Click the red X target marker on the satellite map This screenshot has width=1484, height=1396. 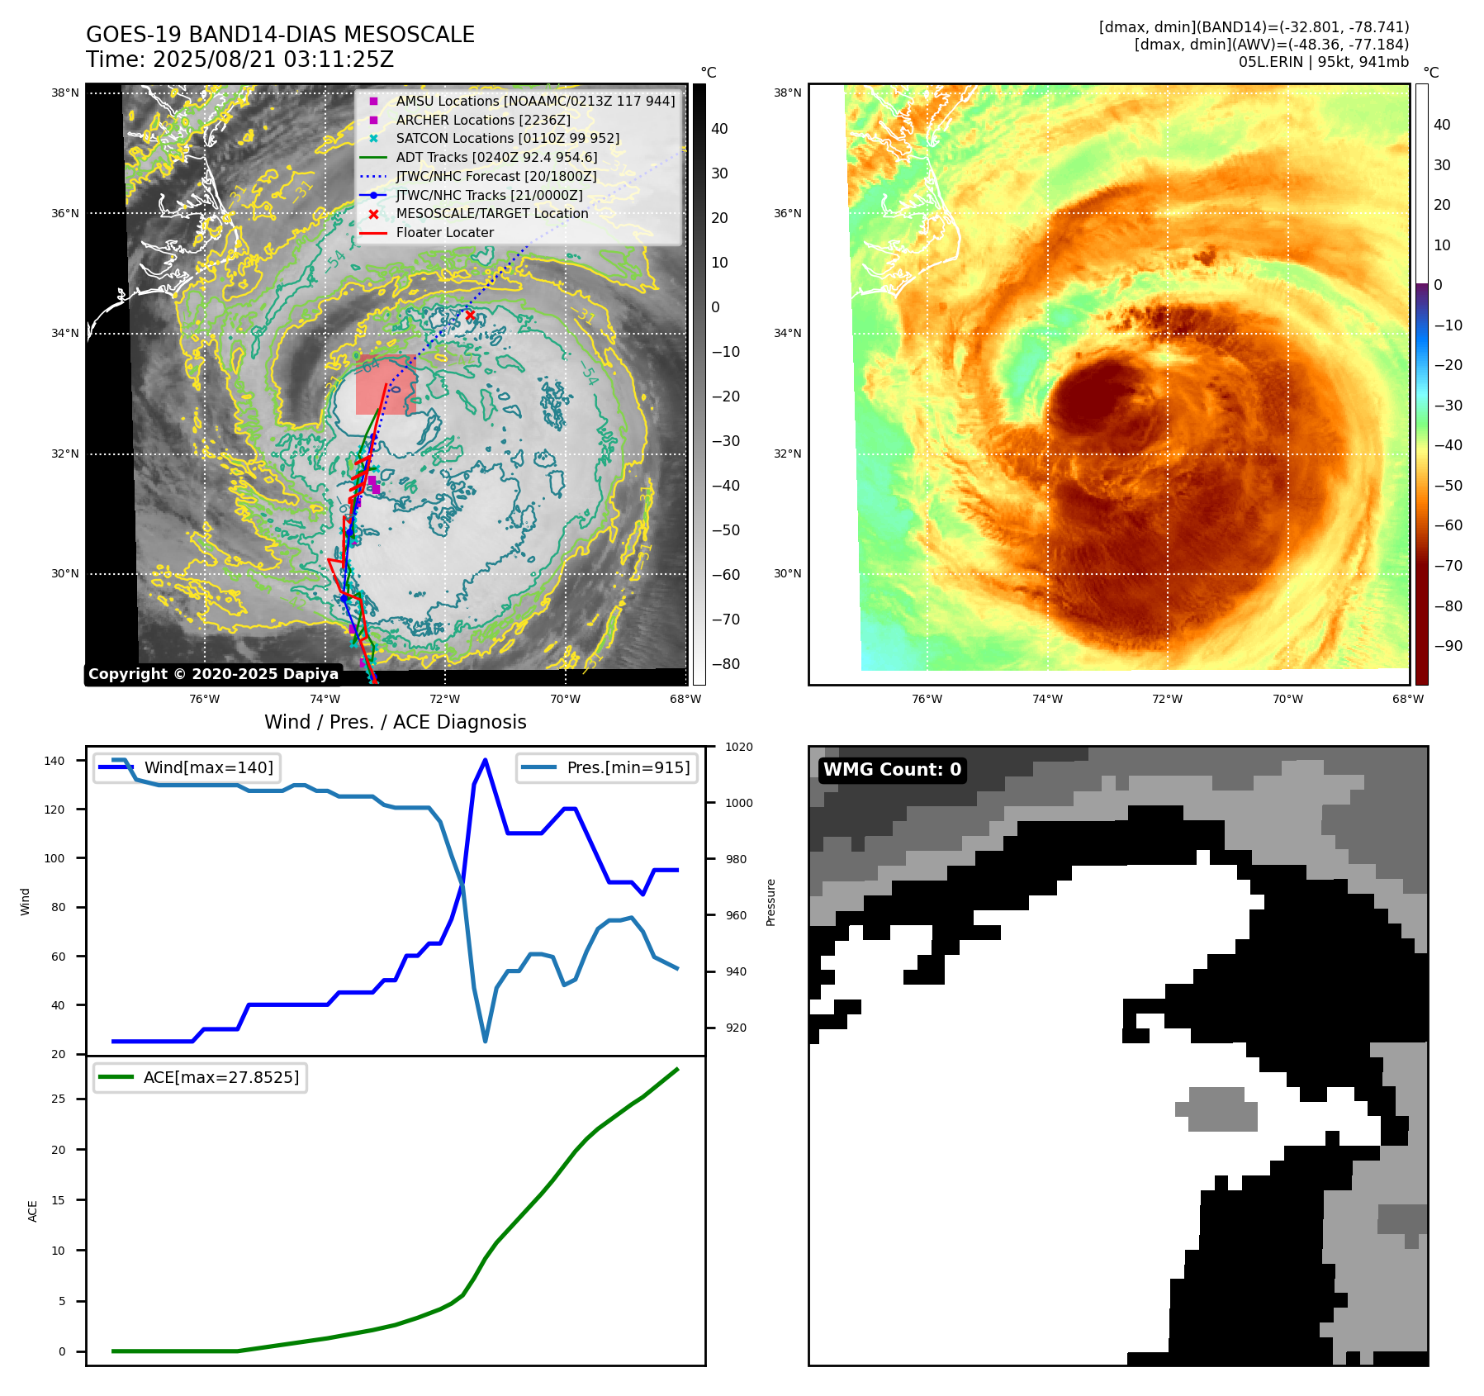(x=470, y=316)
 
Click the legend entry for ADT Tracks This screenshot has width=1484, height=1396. (x=496, y=157)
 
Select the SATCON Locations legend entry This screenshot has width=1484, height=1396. (x=507, y=138)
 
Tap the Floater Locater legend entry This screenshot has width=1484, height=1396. (x=444, y=232)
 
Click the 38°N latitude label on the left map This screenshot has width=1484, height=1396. (x=65, y=93)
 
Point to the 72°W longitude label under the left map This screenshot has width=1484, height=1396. (x=445, y=699)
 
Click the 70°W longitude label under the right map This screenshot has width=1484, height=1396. (x=1287, y=699)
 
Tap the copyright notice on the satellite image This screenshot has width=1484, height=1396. (x=213, y=674)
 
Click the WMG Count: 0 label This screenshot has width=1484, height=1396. (x=892, y=770)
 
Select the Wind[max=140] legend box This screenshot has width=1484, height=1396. (x=187, y=767)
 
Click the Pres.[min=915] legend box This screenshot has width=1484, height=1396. (x=607, y=767)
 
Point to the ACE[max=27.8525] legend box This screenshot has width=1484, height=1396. (x=200, y=1077)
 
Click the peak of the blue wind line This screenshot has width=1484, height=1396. (x=485, y=760)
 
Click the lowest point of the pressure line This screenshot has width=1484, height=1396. (x=485, y=1041)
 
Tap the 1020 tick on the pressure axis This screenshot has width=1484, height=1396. (x=739, y=747)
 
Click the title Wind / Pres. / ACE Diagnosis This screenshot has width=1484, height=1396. (x=395, y=722)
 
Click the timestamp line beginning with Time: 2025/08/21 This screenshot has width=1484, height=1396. (x=239, y=59)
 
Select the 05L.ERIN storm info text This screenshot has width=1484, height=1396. (x=1323, y=62)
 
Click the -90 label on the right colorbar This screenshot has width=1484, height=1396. (x=1448, y=646)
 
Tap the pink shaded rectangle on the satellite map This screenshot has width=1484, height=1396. (x=386, y=386)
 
